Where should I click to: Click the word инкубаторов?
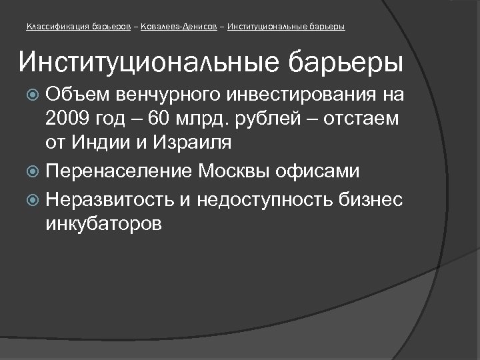104,223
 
